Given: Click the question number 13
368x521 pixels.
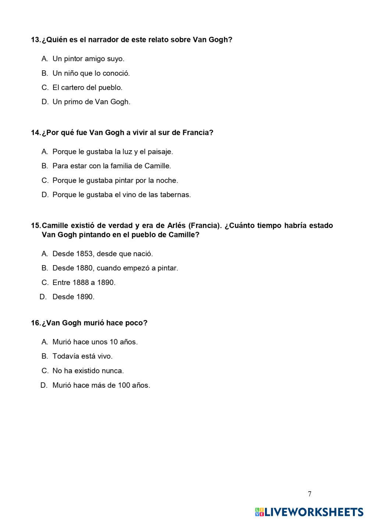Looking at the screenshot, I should tap(36, 40).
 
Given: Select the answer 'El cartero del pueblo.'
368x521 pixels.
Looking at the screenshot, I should tap(87, 88).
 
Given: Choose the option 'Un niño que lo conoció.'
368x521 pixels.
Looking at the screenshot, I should tap(91, 73).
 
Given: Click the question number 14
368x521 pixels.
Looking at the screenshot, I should tap(36, 133).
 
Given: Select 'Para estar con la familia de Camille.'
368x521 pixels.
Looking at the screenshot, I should tap(112, 166).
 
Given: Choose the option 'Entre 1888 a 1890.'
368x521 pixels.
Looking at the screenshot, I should tap(84, 283).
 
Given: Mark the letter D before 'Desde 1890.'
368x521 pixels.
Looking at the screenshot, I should tap(43, 297).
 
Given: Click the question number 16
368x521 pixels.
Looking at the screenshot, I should tap(36, 323).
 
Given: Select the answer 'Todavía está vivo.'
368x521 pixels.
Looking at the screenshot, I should tap(82, 356).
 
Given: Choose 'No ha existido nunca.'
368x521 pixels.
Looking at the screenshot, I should tap(88, 371).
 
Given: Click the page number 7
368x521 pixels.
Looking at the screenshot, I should tap(309, 494).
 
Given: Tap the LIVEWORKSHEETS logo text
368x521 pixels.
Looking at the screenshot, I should tap(314, 512).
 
